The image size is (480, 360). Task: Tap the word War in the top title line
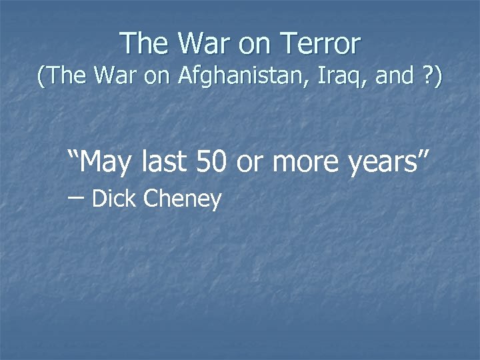203,44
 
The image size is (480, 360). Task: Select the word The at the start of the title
145,44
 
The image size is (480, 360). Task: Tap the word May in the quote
109,162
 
